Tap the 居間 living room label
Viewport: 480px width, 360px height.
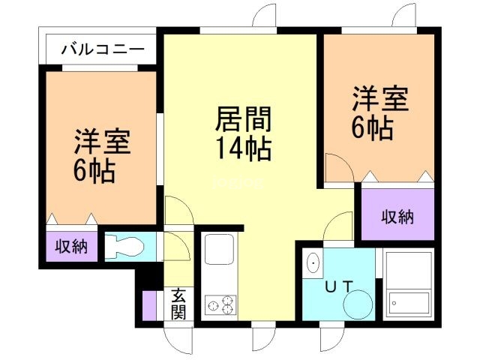click(243, 119)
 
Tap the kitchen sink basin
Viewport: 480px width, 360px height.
click(219, 248)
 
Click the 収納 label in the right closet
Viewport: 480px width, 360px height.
click(397, 217)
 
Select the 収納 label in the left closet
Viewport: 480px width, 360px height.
click(70, 246)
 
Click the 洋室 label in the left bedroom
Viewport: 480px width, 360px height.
click(102, 142)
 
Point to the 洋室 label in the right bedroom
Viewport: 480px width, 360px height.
click(381, 101)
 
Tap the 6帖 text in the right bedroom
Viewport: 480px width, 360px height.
click(372, 128)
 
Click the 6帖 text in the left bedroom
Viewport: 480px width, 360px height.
click(94, 171)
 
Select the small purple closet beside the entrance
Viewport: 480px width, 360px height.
click(149, 304)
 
